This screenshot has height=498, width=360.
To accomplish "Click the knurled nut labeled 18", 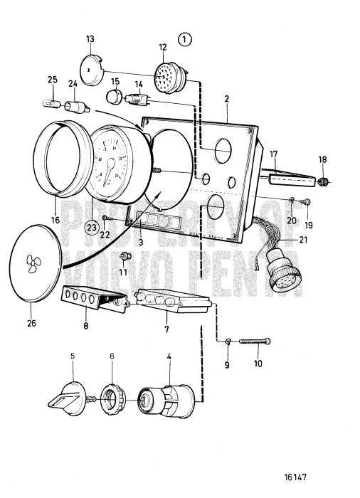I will point(322,182).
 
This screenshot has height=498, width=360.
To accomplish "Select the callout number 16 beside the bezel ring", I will point(55,220).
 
